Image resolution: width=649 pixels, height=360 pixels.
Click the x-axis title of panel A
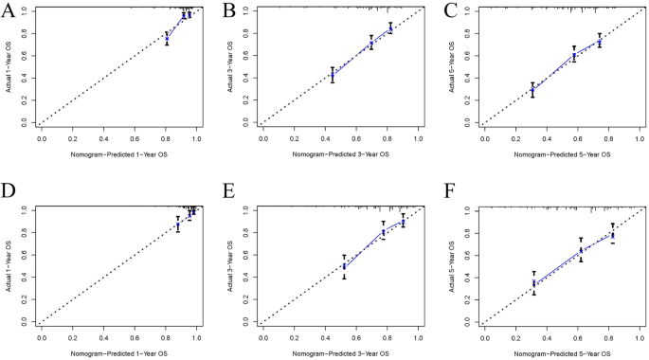point(118,153)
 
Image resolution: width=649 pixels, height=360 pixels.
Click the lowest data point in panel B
point(332,75)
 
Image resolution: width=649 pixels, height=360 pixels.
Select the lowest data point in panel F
point(534,283)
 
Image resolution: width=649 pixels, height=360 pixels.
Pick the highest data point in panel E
point(403,222)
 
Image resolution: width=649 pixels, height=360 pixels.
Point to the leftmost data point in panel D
point(177,225)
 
